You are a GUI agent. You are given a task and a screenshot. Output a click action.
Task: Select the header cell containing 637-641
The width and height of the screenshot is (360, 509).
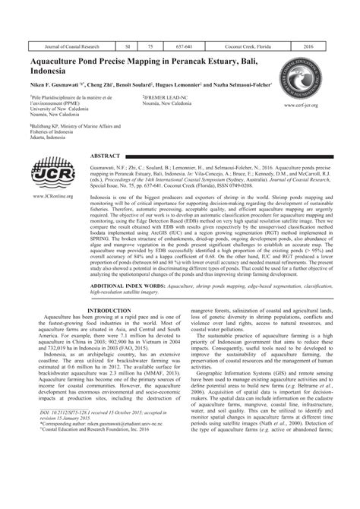click(182, 46)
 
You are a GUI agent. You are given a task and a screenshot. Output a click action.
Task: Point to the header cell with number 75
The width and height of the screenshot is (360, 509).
click(150, 46)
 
